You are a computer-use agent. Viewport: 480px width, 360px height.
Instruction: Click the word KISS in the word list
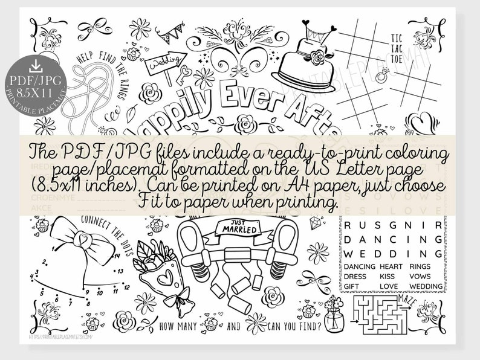click(387, 276)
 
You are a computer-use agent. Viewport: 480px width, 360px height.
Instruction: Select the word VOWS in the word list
click(419, 276)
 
